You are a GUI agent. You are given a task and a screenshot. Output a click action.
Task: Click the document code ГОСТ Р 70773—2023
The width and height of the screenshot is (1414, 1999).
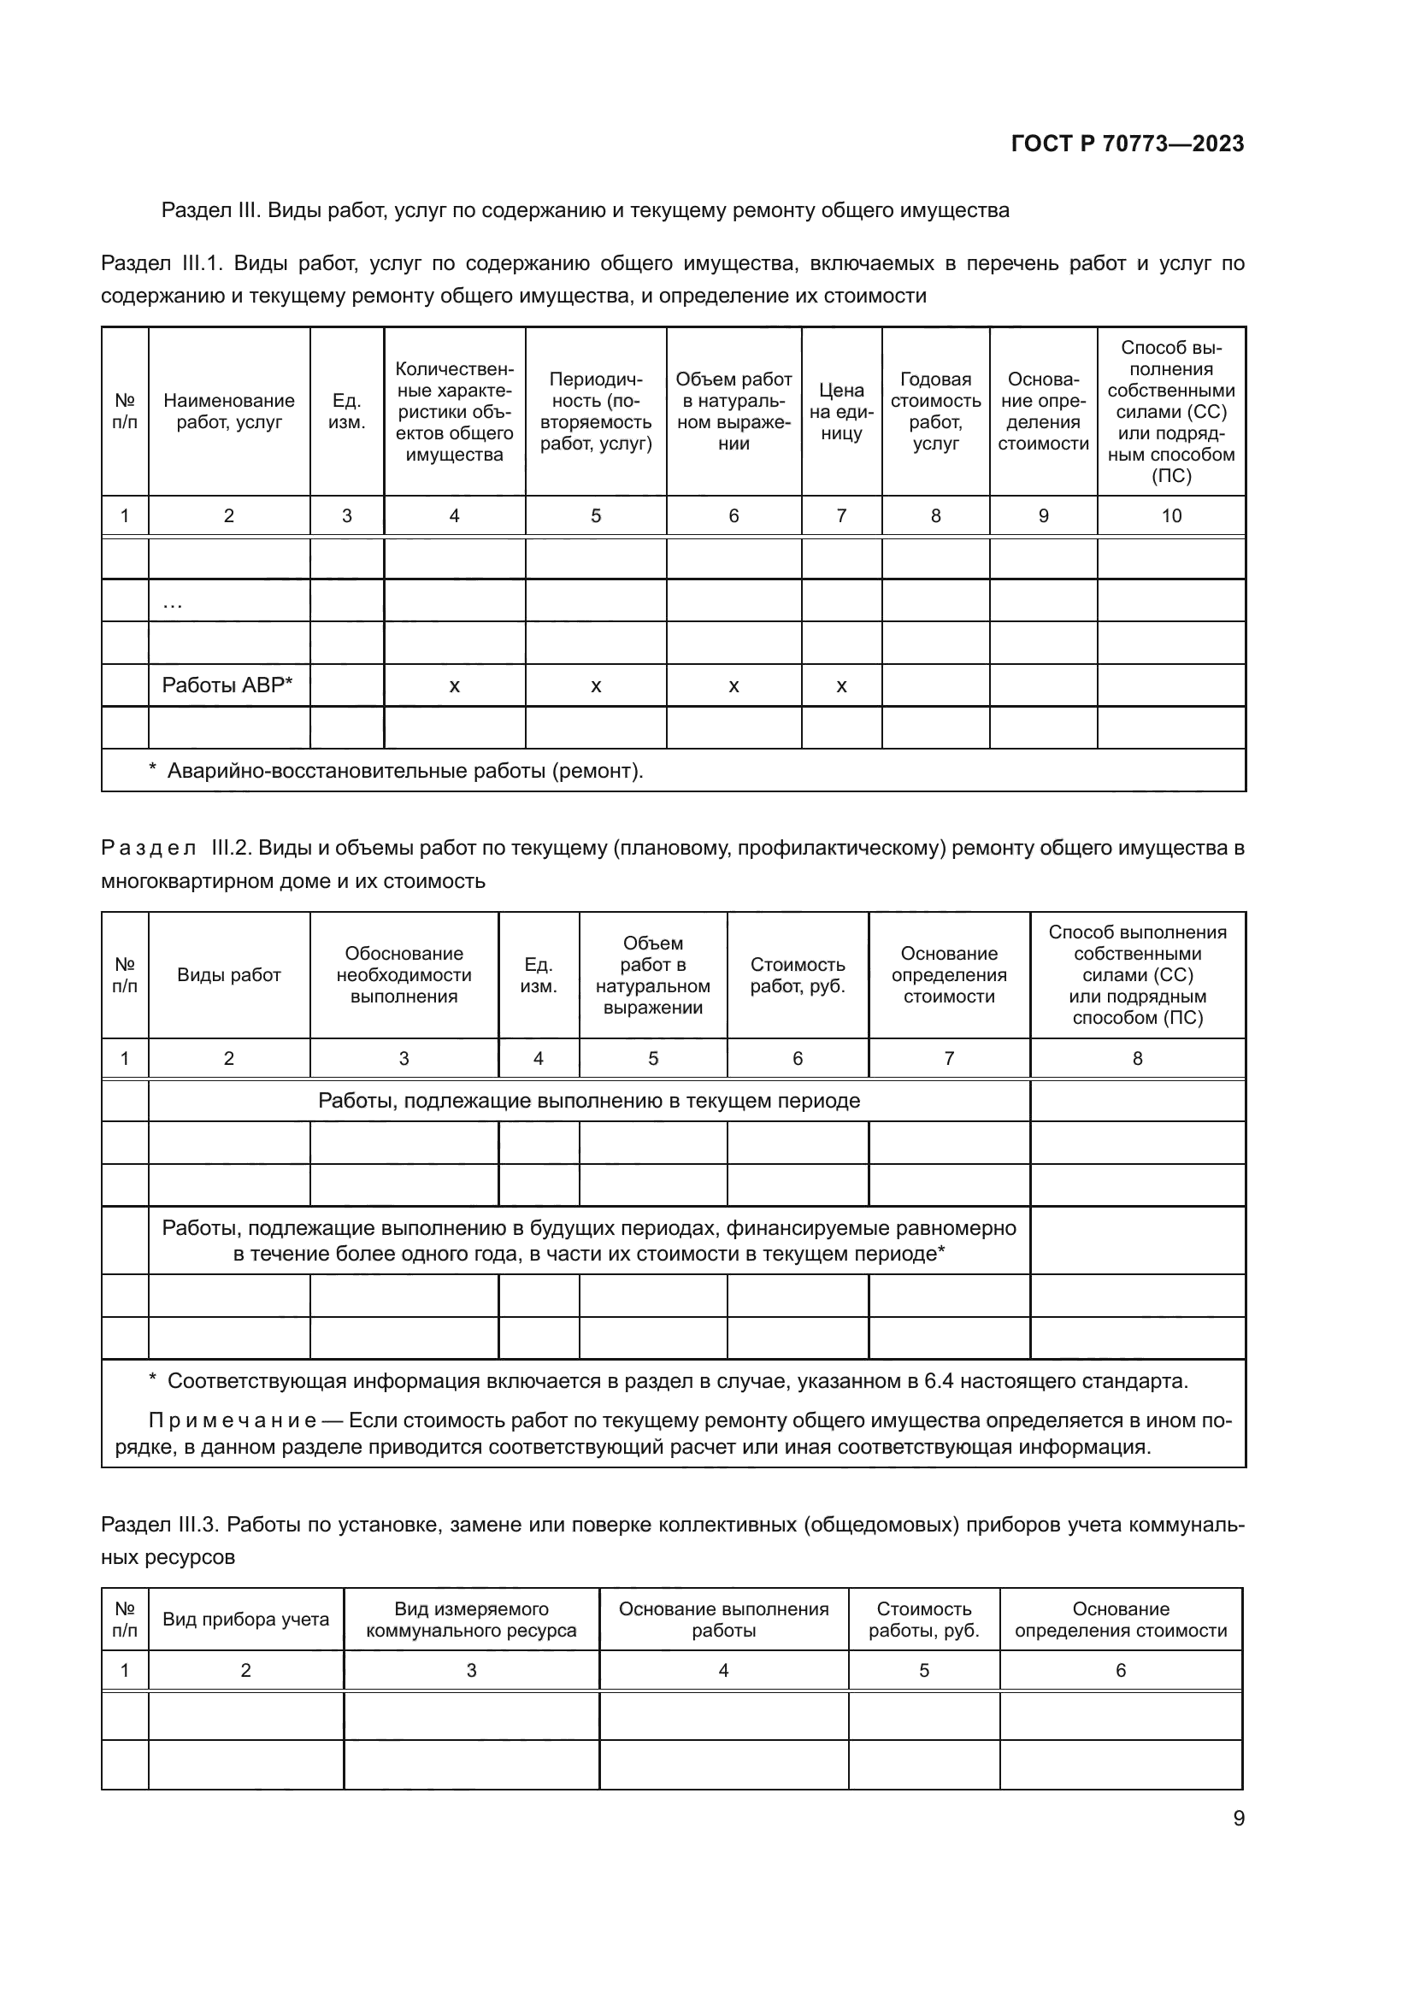tap(1128, 144)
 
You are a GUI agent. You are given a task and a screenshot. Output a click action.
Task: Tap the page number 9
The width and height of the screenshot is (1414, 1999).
tap(1238, 1818)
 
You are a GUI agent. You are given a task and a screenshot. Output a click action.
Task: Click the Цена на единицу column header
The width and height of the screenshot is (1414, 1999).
tap(841, 412)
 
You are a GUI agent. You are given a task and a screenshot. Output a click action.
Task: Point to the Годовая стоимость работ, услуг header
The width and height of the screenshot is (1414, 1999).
tap(935, 412)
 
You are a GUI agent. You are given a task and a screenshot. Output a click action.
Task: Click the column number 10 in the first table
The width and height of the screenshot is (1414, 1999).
tap(1171, 515)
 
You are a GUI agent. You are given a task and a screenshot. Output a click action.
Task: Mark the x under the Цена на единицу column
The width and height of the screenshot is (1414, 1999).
tap(841, 686)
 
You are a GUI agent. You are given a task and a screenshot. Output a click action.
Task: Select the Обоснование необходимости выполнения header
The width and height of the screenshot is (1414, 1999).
tap(404, 975)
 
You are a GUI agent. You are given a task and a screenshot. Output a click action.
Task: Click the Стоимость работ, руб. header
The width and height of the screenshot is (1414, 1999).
tap(798, 975)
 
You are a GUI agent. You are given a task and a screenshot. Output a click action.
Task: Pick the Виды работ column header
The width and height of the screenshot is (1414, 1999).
tap(229, 975)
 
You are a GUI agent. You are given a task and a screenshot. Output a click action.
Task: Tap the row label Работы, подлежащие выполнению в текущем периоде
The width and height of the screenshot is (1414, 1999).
tap(588, 1101)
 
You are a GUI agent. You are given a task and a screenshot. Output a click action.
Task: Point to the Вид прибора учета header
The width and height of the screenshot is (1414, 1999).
tap(245, 1620)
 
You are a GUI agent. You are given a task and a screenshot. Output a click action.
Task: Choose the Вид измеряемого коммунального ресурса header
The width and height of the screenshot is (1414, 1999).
tap(471, 1620)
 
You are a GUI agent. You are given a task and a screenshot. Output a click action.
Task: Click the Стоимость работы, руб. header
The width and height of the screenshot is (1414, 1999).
tap(924, 1620)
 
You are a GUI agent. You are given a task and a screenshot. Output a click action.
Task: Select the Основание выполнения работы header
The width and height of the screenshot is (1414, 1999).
tap(723, 1620)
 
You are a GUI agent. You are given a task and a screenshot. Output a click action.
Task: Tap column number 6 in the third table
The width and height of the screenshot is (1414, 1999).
tap(1121, 1670)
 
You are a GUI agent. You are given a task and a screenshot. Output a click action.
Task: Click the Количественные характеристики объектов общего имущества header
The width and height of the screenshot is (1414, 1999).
tap(455, 412)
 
